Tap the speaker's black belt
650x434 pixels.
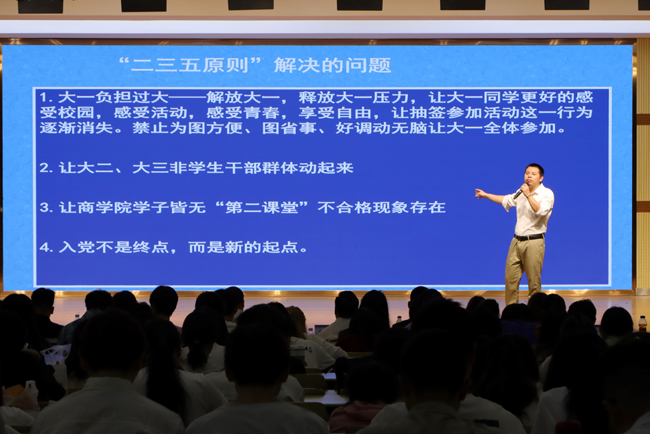tap(528, 237)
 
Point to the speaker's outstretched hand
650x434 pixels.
tap(480, 194)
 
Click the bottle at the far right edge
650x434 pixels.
tap(642, 323)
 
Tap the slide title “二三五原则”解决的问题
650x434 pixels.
tap(254, 65)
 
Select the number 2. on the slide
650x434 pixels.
tap(45, 167)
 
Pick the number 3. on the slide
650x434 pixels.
tap(45, 207)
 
